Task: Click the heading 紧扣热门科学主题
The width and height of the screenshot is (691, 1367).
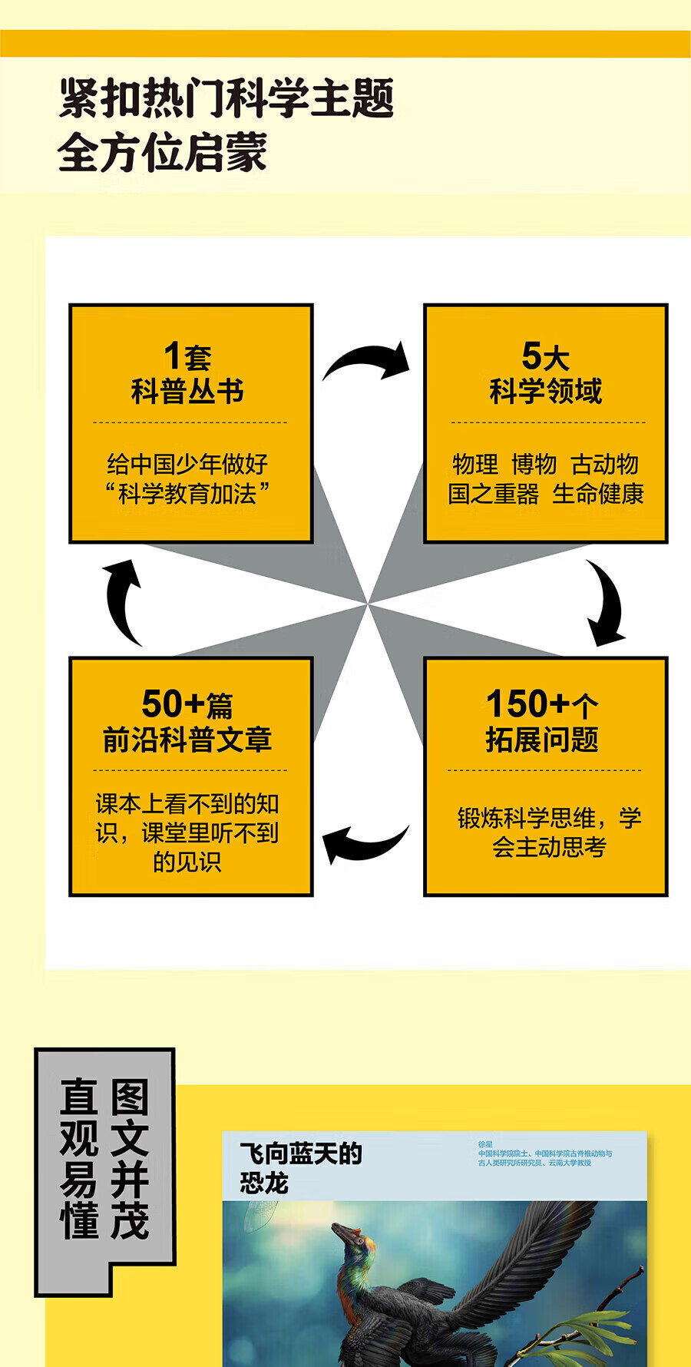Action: pyautogui.click(x=226, y=99)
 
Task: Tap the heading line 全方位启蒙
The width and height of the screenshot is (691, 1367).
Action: pyautogui.click(x=162, y=152)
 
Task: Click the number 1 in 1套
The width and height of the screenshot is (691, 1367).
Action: pyautogui.click(x=174, y=356)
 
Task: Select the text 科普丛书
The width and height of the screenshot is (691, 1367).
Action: pyautogui.click(x=187, y=392)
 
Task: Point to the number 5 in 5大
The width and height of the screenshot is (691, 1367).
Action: pyautogui.click(x=531, y=356)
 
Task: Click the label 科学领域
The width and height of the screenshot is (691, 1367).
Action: pyautogui.click(x=545, y=392)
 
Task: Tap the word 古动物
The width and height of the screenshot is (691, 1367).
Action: pyautogui.click(x=604, y=464)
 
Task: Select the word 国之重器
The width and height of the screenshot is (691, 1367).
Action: pyautogui.click(x=494, y=494)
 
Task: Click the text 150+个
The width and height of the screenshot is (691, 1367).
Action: pyautogui.click(x=542, y=703)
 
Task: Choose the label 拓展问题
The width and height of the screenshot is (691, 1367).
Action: pyautogui.click(x=542, y=740)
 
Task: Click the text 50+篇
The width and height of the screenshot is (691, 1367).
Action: pyautogui.click(x=187, y=703)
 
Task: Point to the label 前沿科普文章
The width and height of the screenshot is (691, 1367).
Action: pyautogui.click(x=187, y=740)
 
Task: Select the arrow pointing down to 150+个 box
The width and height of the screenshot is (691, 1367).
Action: pyautogui.click(x=606, y=604)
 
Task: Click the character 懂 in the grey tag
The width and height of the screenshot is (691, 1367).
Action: pyautogui.click(x=79, y=1220)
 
